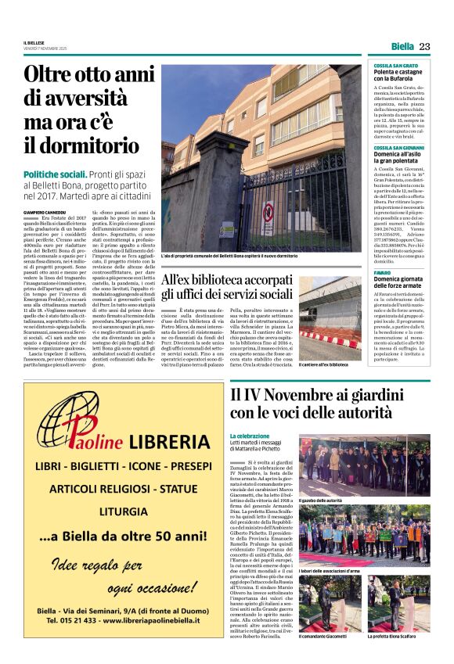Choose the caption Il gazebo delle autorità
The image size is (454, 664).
(x=320, y=500)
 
